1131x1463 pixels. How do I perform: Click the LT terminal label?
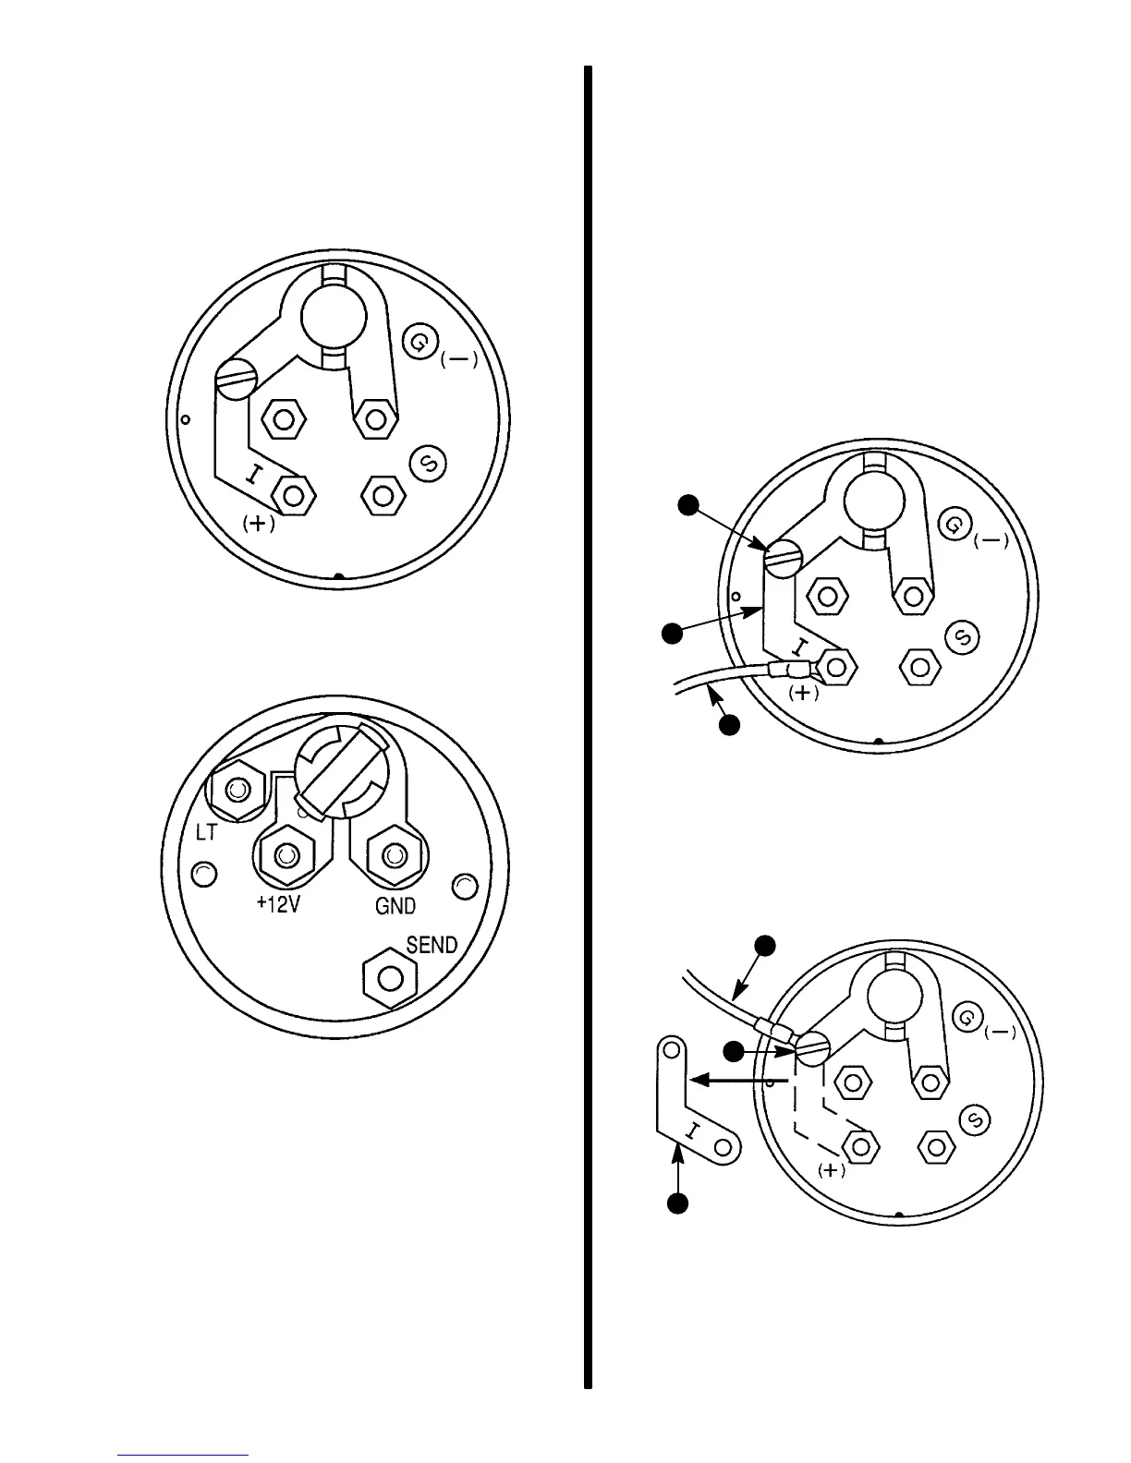206,832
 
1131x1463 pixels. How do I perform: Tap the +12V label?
278,905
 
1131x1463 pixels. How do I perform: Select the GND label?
395,906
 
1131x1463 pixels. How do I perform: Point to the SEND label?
432,945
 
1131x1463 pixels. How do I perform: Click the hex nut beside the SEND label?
390,977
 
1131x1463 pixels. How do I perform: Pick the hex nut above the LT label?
239,791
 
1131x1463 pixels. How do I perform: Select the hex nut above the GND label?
395,855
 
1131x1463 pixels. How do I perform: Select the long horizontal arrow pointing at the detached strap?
739,1078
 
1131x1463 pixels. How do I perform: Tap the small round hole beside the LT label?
203,873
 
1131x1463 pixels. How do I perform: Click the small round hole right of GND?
465,887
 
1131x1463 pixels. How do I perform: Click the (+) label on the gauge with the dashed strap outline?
832,1169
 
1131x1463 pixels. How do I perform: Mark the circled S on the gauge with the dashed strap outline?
975,1120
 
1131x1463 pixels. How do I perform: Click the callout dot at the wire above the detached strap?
764,945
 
